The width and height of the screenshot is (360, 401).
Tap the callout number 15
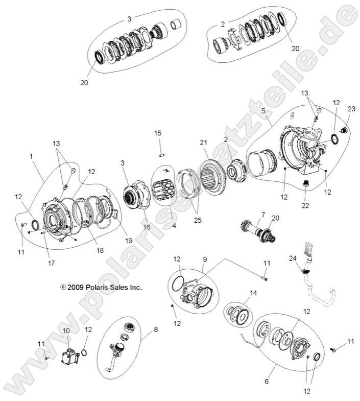click(158, 133)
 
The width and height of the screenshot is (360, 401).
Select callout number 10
click(66, 331)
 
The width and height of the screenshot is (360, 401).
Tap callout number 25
click(198, 221)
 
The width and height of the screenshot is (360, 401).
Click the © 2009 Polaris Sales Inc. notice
click(101, 288)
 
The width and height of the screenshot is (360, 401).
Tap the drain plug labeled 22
click(307, 184)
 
